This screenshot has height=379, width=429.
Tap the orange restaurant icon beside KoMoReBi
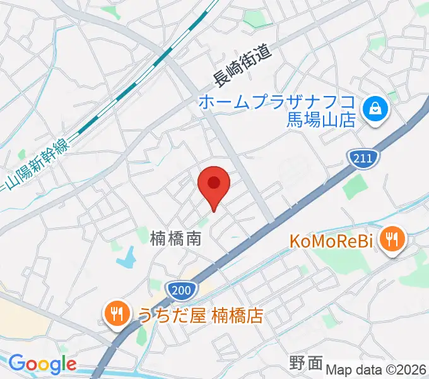(394, 239)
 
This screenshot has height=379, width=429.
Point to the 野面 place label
(306, 363)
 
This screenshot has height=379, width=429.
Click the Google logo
(42, 364)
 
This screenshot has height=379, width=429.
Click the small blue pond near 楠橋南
(127, 256)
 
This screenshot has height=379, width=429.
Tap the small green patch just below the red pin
(203, 223)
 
